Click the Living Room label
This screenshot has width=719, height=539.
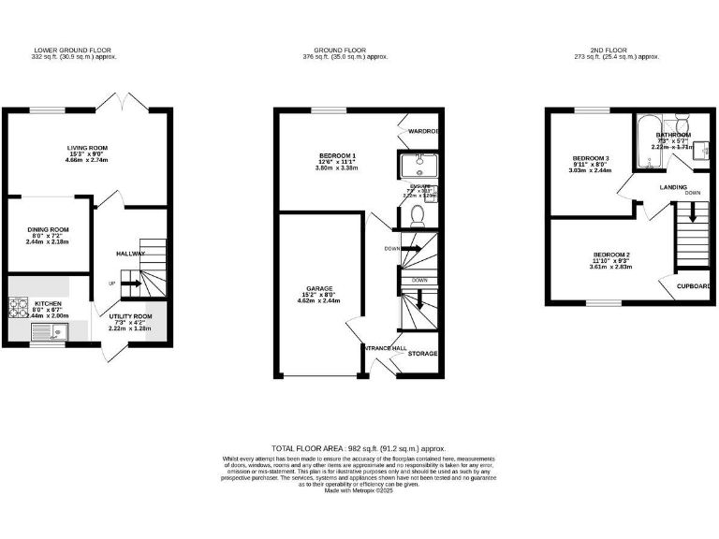(x=87, y=148)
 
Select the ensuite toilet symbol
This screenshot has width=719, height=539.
(x=418, y=215)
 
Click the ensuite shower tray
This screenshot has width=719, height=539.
(x=418, y=166)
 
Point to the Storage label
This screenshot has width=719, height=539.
(x=422, y=355)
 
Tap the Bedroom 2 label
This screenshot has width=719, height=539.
(x=611, y=255)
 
